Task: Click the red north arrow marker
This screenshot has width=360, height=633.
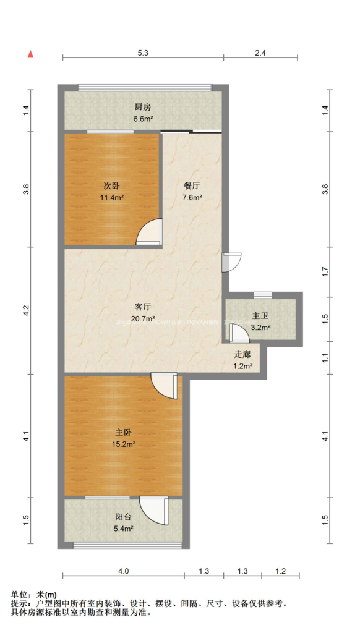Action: [29, 54]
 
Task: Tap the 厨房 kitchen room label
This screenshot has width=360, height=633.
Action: [144, 106]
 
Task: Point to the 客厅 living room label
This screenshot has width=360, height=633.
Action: [143, 307]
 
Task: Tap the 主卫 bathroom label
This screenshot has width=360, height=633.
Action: [259, 316]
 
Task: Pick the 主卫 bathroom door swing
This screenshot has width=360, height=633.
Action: [239, 334]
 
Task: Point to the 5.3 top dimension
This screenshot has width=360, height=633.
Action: [143, 53]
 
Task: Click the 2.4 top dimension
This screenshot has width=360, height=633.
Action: [260, 53]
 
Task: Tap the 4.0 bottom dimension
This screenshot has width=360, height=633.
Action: [123, 571]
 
